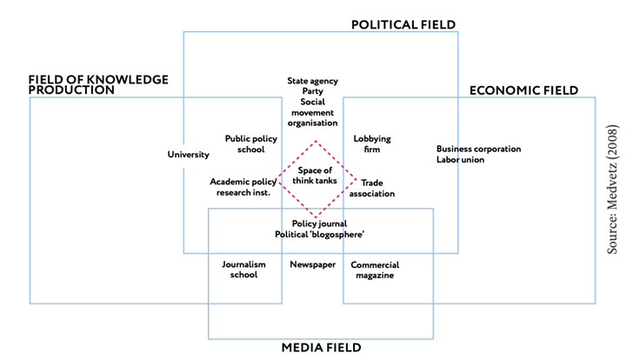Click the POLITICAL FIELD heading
point(403,24)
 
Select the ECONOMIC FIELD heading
point(524,90)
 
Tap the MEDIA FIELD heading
point(321,348)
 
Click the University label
point(189,155)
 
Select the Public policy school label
point(244,143)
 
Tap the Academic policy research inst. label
point(240,187)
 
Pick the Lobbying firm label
point(372,143)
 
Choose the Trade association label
point(377,188)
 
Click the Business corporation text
point(478,149)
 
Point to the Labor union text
point(461,160)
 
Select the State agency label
point(313,81)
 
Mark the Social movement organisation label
point(313,112)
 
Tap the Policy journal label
point(319,223)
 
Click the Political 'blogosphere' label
point(319,235)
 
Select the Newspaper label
point(313,264)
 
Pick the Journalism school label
point(240,270)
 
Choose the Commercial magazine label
point(375,270)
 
